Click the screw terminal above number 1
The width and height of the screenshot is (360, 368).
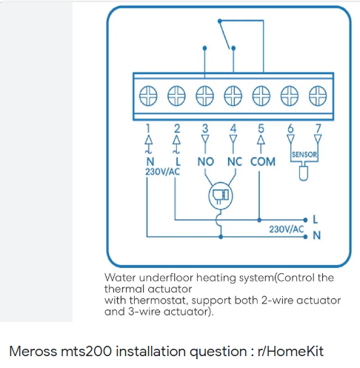148,96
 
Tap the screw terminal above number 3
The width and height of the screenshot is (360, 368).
204,96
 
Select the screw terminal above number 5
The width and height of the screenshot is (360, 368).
261,96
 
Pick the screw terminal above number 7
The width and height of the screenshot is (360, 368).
318,96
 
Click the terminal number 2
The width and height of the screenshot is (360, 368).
177,129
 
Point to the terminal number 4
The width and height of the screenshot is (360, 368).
233,129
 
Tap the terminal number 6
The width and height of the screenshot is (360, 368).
290,129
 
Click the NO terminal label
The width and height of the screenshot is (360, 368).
206,161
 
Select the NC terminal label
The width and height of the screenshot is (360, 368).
235,161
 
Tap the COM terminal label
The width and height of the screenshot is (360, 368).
263,161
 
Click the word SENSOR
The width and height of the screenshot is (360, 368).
304,155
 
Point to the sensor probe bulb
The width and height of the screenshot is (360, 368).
304,173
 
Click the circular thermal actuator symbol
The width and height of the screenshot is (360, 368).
221,195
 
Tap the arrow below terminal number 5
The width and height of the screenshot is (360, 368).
261,144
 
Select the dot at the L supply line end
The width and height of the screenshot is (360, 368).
305,220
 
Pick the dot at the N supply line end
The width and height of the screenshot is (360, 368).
305,237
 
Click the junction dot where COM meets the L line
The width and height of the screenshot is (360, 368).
259,220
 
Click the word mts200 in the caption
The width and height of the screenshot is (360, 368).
86,351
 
